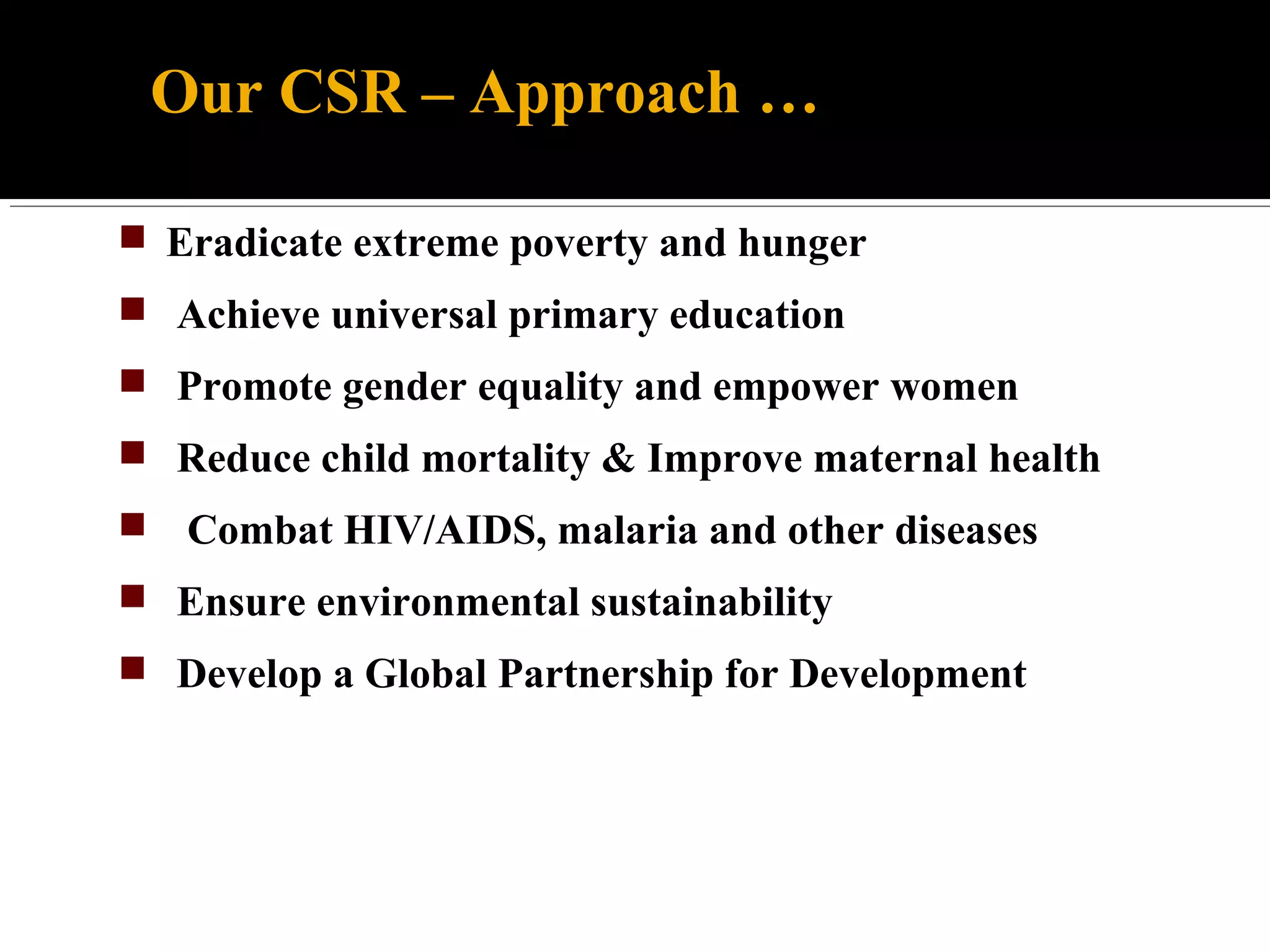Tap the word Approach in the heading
605,93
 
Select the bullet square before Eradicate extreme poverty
133,237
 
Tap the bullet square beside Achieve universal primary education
133,309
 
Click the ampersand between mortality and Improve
618,459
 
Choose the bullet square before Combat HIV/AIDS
133,524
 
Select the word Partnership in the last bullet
606,674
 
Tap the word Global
426,674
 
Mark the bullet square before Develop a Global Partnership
133,668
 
